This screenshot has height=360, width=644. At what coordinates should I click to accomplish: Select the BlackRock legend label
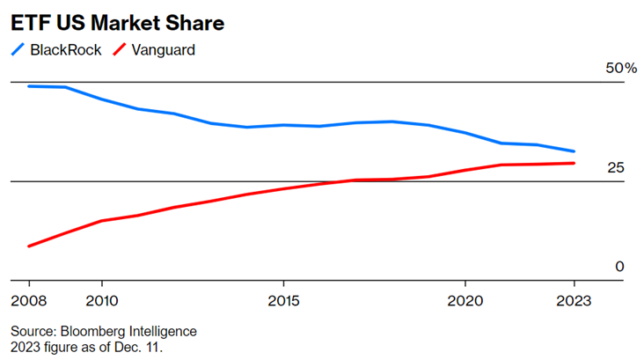(x=68, y=49)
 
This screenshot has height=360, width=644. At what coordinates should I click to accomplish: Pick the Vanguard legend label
(x=162, y=49)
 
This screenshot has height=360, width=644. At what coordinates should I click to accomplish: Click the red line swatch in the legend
(x=118, y=49)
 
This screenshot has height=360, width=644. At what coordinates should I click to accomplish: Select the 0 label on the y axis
(x=618, y=267)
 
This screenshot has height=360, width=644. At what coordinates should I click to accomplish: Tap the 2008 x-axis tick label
(x=28, y=298)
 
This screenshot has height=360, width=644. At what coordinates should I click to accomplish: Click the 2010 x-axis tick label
(x=102, y=298)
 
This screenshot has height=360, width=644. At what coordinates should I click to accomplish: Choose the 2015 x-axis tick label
(x=283, y=298)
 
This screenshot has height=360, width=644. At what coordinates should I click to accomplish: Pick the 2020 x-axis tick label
(x=465, y=298)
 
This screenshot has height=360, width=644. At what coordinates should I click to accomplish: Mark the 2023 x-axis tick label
(x=574, y=298)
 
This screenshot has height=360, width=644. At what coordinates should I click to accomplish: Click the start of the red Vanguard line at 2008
(x=29, y=246)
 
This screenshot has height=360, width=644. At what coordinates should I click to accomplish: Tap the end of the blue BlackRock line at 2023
(x=574, y=151)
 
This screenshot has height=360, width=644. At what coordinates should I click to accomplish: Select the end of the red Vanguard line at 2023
(x=574, y=163)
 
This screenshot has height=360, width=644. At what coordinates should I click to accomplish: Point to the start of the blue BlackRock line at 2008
(x=29, y=86)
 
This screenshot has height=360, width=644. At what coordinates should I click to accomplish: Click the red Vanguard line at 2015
(x=283, y=188)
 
